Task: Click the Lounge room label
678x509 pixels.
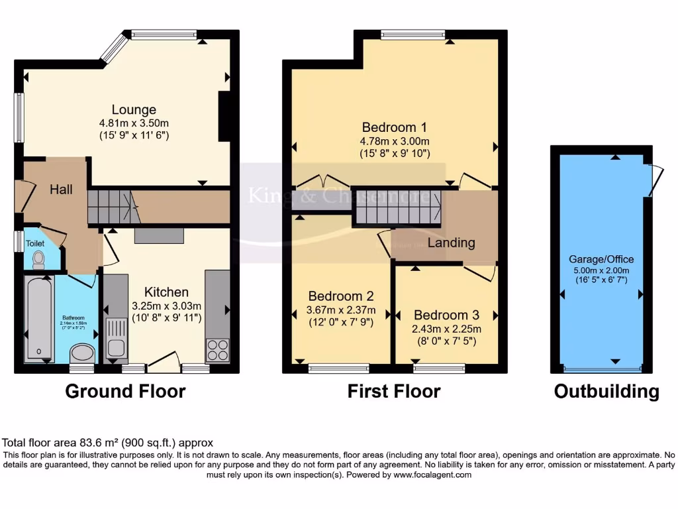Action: pos(134,110)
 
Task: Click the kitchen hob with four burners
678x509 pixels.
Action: pos(218,349)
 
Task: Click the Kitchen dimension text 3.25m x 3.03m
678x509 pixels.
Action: pos(168,306)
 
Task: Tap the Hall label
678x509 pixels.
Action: pos(61,190)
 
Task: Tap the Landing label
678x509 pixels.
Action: pos(451,243)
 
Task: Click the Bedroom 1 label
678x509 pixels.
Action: pos(394,127)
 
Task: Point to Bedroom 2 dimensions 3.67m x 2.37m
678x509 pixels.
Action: pos(342,310)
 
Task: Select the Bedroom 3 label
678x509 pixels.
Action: pos(446,315)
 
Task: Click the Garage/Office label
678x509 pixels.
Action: pos(601,259)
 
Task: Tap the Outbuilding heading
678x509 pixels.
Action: pos(606,392)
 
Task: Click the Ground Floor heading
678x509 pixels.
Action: pos(125,392)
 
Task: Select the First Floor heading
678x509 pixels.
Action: pos(394,392)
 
